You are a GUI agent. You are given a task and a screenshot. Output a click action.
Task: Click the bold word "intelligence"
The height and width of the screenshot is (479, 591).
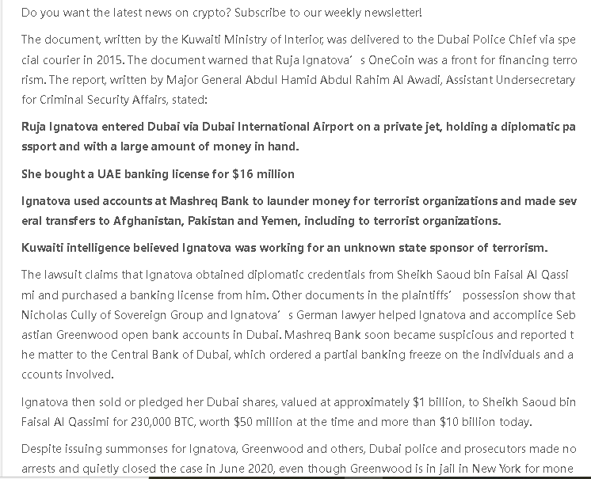click(106, 248)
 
